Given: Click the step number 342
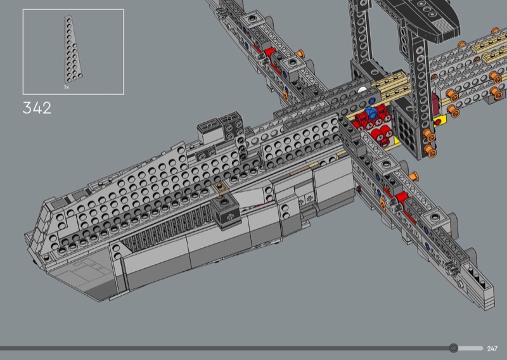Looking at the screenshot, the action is coord(37,108).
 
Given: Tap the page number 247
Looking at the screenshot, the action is coord(492,349).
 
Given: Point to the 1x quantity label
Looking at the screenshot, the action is coord(67,87).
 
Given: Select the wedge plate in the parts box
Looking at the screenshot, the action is coord(72,49).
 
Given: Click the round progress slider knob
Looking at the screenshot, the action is coord(454,348).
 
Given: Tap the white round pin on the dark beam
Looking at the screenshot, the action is coord(363,90).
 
